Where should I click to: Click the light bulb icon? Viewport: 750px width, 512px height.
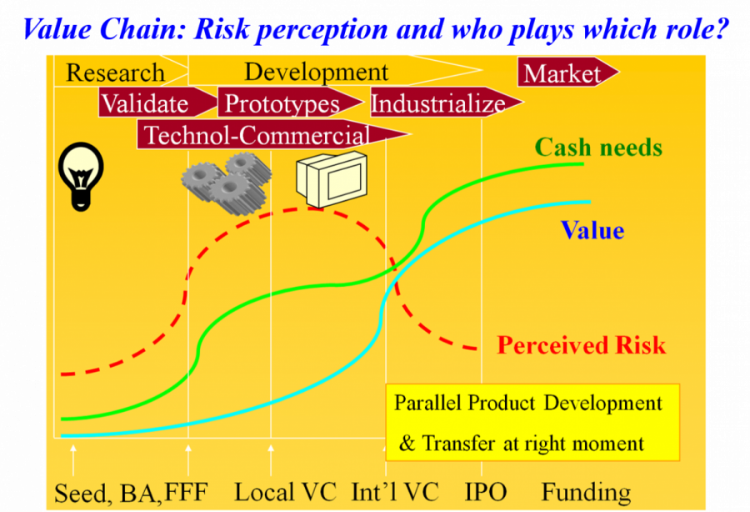pos(80,176)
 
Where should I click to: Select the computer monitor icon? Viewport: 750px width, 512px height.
pos(332,179)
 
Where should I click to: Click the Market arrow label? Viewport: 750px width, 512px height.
pos(567,73)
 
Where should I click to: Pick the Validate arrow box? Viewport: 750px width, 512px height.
pos(157,103)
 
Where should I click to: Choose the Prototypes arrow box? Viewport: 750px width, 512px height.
pos(290,103)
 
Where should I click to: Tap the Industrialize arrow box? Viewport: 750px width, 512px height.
pos(447,103)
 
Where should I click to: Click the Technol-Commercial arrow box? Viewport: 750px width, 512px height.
pos(273,134)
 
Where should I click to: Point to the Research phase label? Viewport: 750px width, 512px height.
pos(115,73)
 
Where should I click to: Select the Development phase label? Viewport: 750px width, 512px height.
pos(316,73)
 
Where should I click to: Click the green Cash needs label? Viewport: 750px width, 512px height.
pos(598,147)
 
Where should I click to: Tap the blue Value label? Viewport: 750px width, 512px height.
pos(592,230)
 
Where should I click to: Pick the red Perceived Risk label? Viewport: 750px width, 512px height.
pos(581,345)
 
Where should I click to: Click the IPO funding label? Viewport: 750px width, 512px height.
pos(486,492)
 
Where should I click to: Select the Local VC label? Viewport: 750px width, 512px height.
pos(285,492)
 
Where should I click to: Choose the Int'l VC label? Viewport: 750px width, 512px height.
pos(395,492)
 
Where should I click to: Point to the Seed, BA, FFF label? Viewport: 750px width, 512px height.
pos(131,494)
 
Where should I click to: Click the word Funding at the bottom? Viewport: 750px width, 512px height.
pos(586,493)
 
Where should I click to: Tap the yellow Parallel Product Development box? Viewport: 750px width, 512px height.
pos(532,422)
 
